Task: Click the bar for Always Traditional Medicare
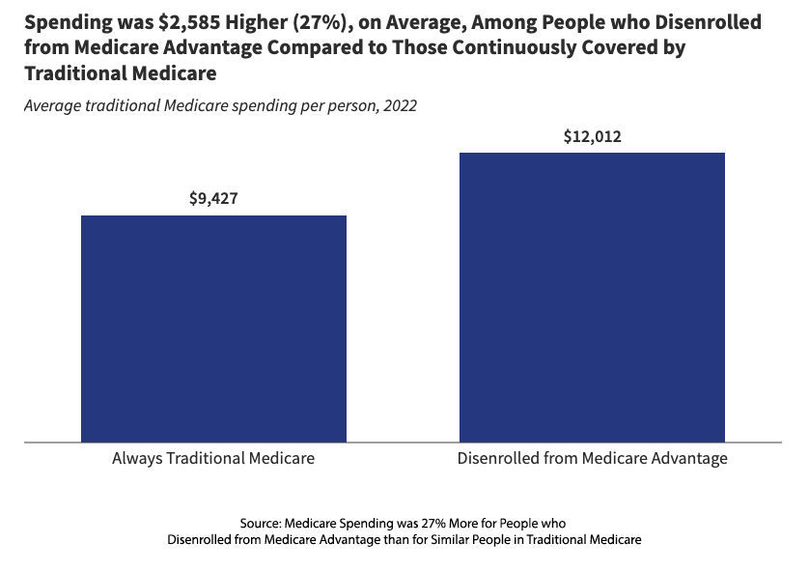(x=213, y=329)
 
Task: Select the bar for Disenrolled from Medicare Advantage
(x=592, y=298)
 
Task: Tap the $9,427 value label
(x=213, y=199)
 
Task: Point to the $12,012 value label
(x=592, y=136)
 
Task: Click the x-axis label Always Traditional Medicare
(x=213, y=458)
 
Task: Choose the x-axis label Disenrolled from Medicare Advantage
(x=592, y=458)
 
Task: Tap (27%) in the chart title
(x=305, y=22)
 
